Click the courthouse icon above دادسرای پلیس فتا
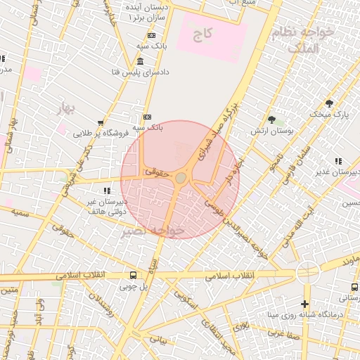[141, 63]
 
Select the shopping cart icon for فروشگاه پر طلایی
[101, 122]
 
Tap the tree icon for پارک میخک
[329, 103]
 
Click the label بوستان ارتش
[272, 131]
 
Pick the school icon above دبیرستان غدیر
[338, 161]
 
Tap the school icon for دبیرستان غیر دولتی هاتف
[107, 191]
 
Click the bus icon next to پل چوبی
[133, 276]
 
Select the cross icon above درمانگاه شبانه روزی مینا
[304, 304]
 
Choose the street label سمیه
[20, 212]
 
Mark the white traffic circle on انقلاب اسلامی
[307, 273]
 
